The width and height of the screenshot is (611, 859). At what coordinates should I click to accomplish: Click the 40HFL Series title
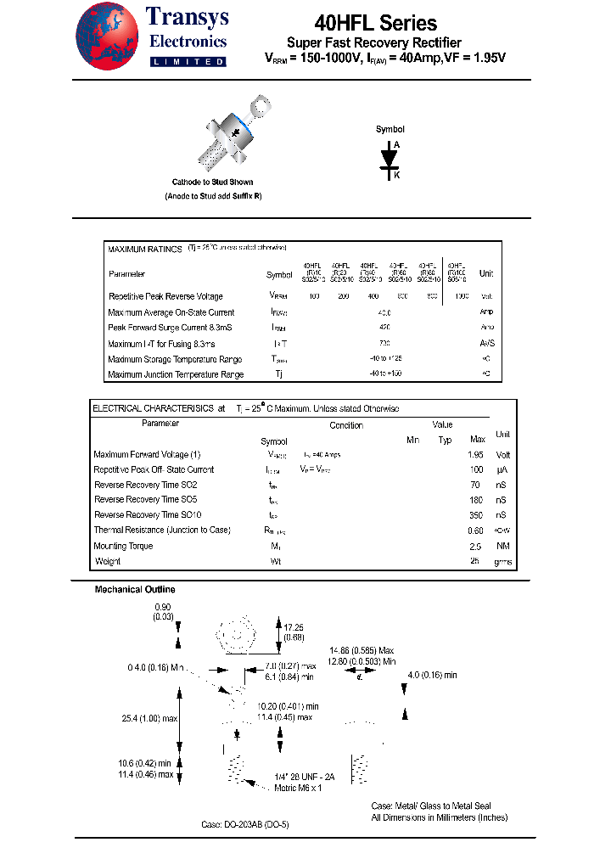(x=375, y=23)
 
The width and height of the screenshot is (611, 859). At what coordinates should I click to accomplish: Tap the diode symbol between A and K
(x=390, y=160)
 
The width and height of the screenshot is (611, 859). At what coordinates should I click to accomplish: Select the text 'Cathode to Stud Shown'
(x=212, y=182)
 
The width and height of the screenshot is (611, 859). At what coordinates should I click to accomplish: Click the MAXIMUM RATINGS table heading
(x=144, y=250)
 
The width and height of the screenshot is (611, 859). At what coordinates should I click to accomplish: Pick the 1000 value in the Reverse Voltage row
(x=460, y=296)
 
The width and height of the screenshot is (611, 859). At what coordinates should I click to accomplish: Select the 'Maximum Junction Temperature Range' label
(x=176, y=374)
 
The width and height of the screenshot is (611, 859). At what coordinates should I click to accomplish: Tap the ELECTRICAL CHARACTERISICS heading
(x=153, y=408)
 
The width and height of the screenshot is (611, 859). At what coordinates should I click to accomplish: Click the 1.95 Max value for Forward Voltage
(x=476, y=454)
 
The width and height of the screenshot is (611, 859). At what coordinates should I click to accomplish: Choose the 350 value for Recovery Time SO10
(x=476, y=514)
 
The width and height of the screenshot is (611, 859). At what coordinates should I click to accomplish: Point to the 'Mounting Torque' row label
(x=123, y=546)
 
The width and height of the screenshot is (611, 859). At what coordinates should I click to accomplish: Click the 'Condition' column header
(x=346, y=425)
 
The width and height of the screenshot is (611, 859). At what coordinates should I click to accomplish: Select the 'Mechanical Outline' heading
(x=135, y=589)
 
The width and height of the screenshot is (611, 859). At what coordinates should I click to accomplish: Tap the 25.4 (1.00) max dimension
(x=150, y=718)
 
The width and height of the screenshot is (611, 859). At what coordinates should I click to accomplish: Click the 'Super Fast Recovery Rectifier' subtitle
(x=374, y=42)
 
